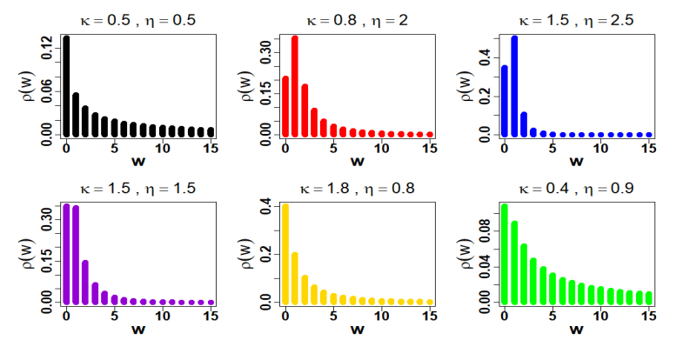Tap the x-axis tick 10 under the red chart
(380, 150)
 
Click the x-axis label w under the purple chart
(138, 331)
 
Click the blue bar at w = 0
(504, 101)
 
